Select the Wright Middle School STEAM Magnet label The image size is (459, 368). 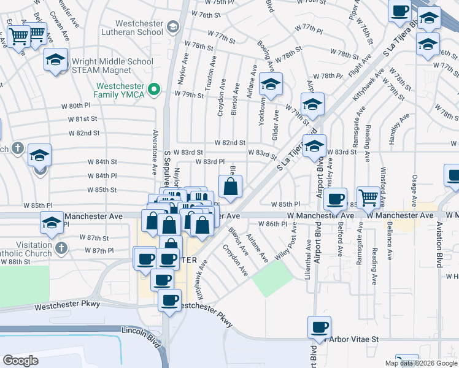pos(112,66)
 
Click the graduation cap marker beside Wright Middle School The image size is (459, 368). pos(55,60)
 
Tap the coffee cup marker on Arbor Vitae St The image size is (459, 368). pos(320,327)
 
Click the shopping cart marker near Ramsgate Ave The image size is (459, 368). pos(369,197)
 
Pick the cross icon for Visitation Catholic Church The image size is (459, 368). pos(60,247)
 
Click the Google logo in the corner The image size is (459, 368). pos(20,361)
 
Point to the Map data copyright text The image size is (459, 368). pos(421,363)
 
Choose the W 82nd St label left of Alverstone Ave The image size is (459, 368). pos(83,132)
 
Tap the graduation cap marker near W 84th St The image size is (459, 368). pos(40,155)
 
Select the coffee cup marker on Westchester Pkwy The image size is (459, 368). pos(170,300)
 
